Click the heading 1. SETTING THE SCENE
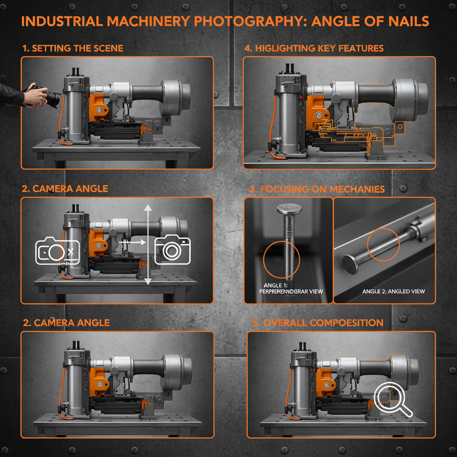pyautogui.click(x=73, y=48)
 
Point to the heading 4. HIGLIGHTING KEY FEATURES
pyautogui.click(x=314, y=48)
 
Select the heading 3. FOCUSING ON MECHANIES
pyautogui.click(x=317, y=189)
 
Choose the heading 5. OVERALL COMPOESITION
pyautogui.click(x=318, y=323)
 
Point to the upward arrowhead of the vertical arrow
pyautogui.click(x=148, y=207)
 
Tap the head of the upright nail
pyautogui.click(x=289, y=209)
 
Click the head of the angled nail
pyautogui.click(x=351, y=264)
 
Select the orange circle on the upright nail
pyautogui.click(x=282, y=259)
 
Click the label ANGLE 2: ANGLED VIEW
pyautogui.click(x=393, y=291)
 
